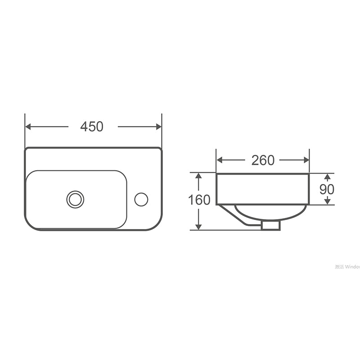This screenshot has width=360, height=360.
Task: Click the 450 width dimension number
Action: coord(92,127)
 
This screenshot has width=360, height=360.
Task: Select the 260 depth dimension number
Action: coord(263,160)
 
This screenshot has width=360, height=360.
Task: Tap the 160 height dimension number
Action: coord(199,200)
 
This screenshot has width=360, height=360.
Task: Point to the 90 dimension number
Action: coord(327,189)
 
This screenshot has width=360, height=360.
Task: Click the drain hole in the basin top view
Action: coord(75,199)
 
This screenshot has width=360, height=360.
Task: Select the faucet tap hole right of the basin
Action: coord(141,199)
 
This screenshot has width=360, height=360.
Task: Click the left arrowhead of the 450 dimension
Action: coord(28,127)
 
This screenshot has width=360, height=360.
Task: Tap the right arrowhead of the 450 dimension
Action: coord(158,127)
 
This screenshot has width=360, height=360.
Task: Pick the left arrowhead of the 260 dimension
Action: coord(220,160)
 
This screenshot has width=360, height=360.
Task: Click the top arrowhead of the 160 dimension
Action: coord(198,176)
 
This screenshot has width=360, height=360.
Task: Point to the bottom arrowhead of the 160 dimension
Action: coord(198,226)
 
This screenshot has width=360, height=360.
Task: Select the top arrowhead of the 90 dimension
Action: coord(327,176)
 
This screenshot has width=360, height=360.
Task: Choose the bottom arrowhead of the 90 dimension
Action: coord(327,201)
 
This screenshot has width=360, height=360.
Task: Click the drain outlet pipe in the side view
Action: coord(270,225)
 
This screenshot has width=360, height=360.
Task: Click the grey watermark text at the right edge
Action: coord(347,267)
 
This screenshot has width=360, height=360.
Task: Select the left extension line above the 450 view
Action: coord(25,130)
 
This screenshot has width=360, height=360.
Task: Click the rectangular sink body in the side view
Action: coord(262,189)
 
